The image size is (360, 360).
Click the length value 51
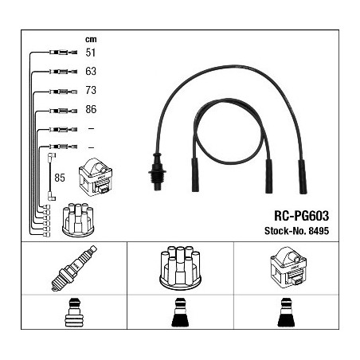tap(91, 53)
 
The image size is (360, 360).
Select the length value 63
tap(91, 71)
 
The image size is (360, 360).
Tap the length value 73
tap(91, 90)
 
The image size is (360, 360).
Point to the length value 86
tap(91, 109)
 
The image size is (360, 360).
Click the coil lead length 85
tap(60, 178)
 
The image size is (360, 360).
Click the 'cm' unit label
tap(91, 39)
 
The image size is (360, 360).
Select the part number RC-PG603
tap(301, 216)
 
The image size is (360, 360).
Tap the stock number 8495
tap(319, 231)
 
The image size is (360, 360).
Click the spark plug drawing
tap(74, 268)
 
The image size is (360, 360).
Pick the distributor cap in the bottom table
tap(180, 268)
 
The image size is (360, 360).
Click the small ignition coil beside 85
tap(96, 177)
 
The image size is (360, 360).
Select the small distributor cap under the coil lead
tap(78, 220)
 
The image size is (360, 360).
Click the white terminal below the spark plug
tap(74, 312)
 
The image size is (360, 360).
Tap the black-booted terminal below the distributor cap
tap(180, 312)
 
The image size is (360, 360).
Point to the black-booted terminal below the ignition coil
tap(286, 312)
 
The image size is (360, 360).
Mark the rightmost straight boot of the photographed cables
tap(303, 177)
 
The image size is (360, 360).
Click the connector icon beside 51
tap(63, 53)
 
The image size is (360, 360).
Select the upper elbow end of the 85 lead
tap(52, 156)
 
